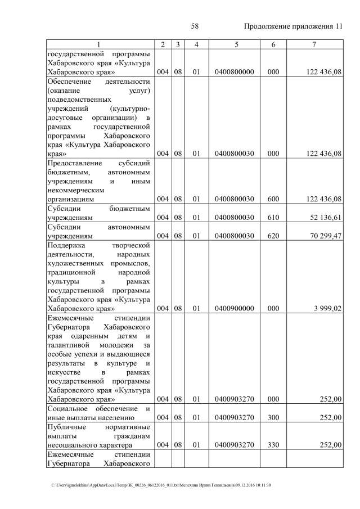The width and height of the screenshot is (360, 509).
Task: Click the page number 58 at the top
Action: pos(195,26)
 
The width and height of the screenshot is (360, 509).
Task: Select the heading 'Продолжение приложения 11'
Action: pos(293,26)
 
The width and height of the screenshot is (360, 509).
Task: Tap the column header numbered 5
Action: pos(236,44)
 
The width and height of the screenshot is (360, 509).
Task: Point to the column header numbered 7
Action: pos(314,44)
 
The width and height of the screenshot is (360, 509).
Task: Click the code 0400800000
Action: pos(236,72)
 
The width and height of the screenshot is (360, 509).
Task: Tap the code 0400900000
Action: pos(236,308)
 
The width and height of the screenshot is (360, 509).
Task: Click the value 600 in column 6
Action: pos(273,199)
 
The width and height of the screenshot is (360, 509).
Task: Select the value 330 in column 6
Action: pos(273,445)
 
